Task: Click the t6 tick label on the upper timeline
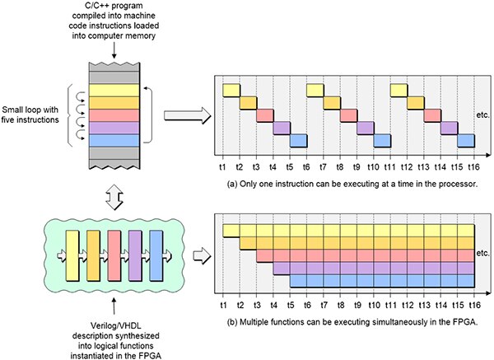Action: [307, 163]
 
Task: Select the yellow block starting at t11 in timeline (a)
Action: [398, 90]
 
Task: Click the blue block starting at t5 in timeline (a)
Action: [298, 140]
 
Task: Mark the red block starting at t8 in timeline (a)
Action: [347, 115]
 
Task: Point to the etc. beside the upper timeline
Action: [483, 113]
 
